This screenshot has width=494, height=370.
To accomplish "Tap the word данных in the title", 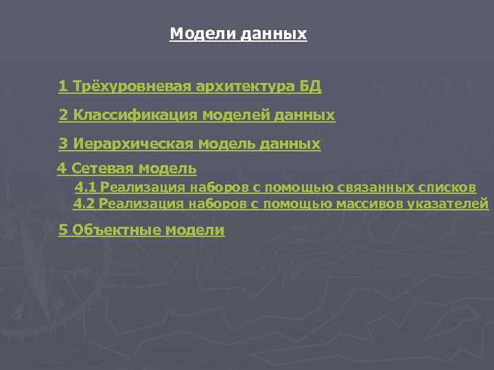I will point(274,34).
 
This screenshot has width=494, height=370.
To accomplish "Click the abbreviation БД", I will point(310,86).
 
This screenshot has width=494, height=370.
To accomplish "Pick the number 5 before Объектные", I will point(62,230).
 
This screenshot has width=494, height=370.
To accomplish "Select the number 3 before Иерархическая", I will point(63,144).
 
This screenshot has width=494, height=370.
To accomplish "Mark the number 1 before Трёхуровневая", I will point(62,86).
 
